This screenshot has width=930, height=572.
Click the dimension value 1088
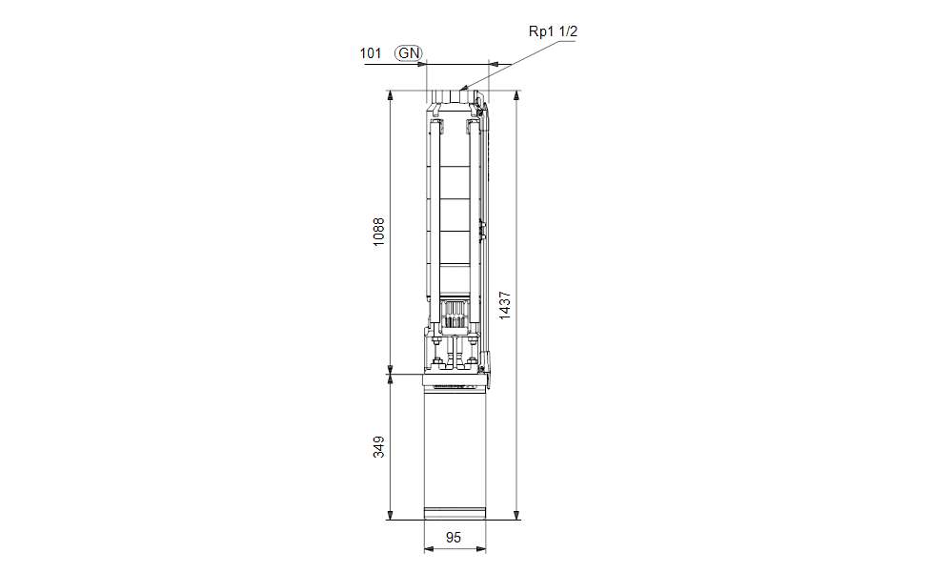click(379, 232)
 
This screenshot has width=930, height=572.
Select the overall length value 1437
click(505, 306)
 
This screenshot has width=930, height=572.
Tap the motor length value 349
click(379, 447)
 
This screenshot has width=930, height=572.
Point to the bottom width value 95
click(454, 538)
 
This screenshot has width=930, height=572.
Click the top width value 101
click(371, 53)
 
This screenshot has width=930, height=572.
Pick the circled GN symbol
click(409, 53)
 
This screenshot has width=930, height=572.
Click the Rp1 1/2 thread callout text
click(553, 31)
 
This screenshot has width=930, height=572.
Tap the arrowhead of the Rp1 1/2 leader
click(463, 88)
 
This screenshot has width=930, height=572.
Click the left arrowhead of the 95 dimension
click(429, 549)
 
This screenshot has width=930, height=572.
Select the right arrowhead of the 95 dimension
click(481, 549)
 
